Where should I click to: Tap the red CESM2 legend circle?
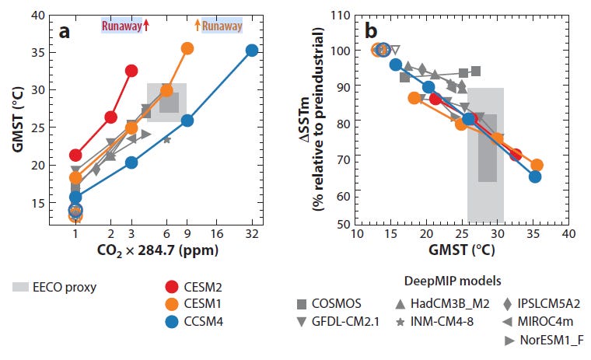[176, 287]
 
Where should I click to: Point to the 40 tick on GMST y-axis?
[40, 13]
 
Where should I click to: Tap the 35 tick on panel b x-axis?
[533, 233]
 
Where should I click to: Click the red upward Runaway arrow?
[145, 25]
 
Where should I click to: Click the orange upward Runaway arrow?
[197, 25]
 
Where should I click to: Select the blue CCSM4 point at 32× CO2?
[251, 51]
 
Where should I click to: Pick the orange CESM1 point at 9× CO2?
[187, 48]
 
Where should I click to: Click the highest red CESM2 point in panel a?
[131, 71]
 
